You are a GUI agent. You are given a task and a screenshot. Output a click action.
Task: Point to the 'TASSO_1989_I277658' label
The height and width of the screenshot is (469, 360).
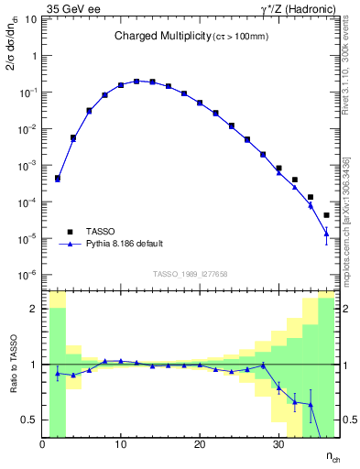coord(189,274)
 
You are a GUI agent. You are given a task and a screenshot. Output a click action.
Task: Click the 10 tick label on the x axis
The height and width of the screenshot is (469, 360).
coord(121,446)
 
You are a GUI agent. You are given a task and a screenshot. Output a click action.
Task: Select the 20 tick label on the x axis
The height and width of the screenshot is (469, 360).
coord(200,446)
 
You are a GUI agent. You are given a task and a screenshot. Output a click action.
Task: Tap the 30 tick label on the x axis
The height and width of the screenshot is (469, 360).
coord(278,446)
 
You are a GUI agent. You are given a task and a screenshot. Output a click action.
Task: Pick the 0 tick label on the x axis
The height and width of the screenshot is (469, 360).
coord(43,446)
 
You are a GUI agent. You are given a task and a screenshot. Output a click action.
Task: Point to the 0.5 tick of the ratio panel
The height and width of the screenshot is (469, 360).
coord(30,420)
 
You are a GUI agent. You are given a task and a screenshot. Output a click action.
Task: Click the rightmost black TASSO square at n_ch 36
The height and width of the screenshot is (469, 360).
coord(326,215)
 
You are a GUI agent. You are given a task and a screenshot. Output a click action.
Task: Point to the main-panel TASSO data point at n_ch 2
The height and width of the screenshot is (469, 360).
coord(58,179)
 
